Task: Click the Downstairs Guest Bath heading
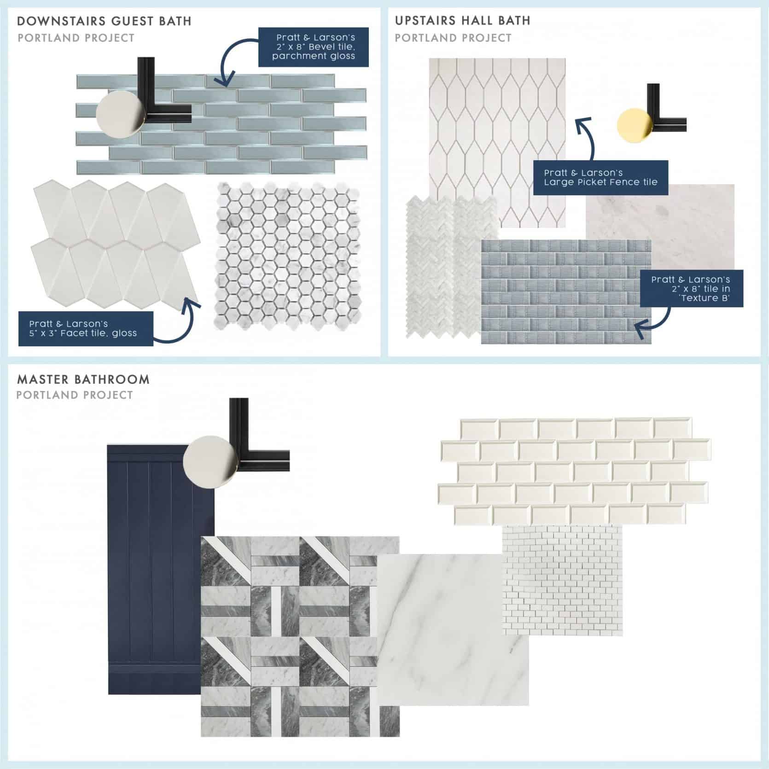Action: tap(104, 21)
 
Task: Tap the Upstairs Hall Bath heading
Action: tap(462, 21)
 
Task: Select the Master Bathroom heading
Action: tap(83, 379)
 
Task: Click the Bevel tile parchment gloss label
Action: tap(313, 47)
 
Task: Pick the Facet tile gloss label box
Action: tap(86, 328)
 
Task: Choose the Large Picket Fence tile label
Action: tap(600, 177)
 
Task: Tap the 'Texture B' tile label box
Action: tap(691, 289)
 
